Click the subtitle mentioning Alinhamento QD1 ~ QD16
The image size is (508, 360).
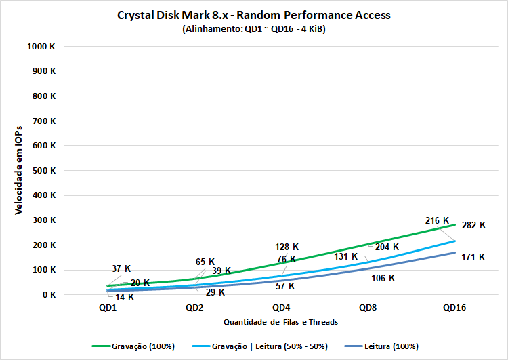[254, 30]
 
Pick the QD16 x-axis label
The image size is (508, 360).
[454, 307]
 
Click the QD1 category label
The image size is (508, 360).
[108, 307]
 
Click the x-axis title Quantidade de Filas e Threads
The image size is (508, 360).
[280, 321]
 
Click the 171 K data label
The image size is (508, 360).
[473, 257]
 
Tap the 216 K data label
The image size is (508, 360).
[437, 220]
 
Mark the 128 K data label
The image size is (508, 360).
[287, 247]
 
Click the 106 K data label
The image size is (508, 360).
[383, 278]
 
